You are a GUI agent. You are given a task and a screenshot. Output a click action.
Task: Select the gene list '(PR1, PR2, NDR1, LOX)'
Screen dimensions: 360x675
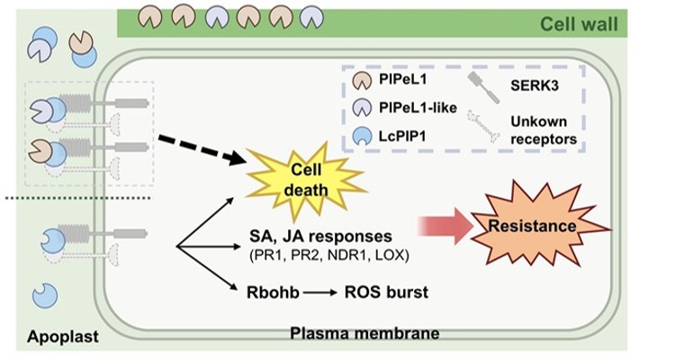[x=328, y=256]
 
